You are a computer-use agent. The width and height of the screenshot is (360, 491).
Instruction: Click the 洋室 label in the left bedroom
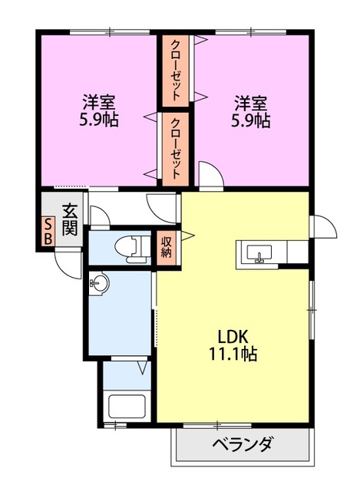coord(99,102)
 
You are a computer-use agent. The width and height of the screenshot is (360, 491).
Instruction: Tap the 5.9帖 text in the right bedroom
coord(251,120)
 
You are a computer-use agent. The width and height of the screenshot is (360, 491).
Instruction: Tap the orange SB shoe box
coord(48,232)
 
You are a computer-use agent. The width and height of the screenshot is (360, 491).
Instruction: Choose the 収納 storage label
coord(167,246)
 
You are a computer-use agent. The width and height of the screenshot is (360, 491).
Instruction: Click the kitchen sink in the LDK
coord(261,252)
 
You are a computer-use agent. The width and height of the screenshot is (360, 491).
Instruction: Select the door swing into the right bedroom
coord(209,175)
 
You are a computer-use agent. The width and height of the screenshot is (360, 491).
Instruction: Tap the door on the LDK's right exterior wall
coord(322,226)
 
